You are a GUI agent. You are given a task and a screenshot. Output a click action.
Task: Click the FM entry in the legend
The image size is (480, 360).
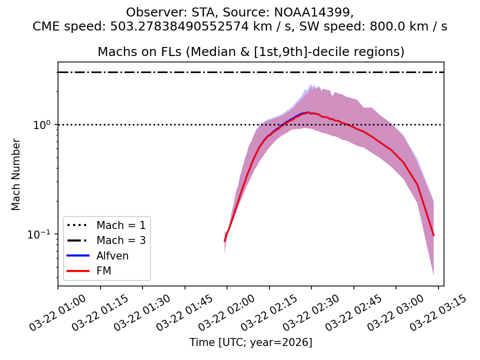click(103, 271)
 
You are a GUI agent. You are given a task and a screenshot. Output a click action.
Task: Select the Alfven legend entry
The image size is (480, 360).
click(112, 256)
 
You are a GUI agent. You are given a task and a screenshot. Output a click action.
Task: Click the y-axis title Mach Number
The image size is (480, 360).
click(16, 174)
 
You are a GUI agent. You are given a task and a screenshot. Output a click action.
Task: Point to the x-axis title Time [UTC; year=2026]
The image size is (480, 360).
click(251, 342)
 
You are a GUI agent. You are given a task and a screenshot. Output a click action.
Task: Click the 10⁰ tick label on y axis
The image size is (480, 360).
click(43, 125)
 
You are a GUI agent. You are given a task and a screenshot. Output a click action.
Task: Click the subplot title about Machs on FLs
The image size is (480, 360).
click(251, 52)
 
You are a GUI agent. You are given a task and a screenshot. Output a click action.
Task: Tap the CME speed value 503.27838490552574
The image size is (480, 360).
click(178, 27)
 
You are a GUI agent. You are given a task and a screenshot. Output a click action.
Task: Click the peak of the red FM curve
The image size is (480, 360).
click(309, 113)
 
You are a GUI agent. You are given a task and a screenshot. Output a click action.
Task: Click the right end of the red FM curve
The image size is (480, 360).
click(433, 235)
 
